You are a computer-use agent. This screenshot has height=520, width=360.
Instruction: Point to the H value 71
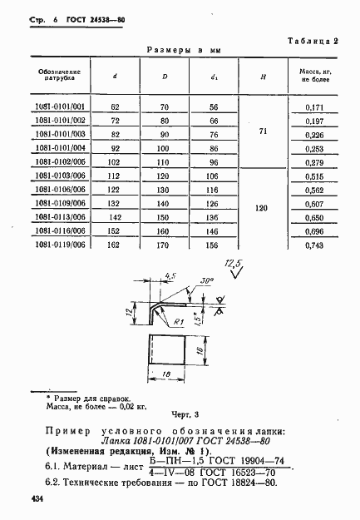(x=262, y=131)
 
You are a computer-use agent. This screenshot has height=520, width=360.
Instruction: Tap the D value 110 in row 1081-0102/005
(x=164, y=162)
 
